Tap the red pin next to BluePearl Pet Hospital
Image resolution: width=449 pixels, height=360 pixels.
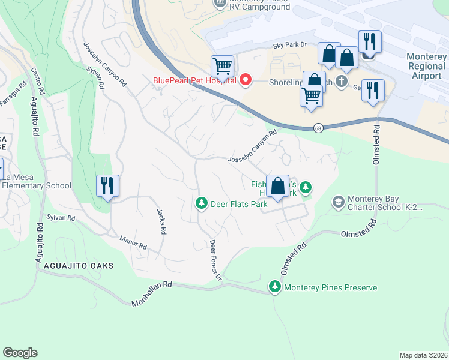coord(245,80)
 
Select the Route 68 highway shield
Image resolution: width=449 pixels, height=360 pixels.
coord(318,128)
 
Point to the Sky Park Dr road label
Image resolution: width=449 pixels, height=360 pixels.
coord(290,45)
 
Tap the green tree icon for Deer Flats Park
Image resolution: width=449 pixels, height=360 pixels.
coord(202,204)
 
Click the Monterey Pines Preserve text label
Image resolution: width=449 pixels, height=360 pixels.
coord(330,287)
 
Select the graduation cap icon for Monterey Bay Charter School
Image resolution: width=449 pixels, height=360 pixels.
coord(339,202)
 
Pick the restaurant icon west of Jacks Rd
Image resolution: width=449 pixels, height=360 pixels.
coord(108,185)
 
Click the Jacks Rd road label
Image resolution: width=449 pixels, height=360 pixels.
coord(161,221)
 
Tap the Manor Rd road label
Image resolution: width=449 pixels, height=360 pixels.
coord(133,242)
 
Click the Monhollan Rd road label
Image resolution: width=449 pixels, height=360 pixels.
coord(152,294)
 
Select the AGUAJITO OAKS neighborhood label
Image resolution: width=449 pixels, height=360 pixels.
coord(74,265)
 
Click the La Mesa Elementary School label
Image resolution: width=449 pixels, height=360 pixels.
coord(36,181)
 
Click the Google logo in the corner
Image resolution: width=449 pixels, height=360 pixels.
coord(20,353)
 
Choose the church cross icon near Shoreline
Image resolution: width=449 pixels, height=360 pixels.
coord(342,81)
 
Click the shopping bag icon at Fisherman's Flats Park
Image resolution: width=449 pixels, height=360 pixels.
coord(278,185)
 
